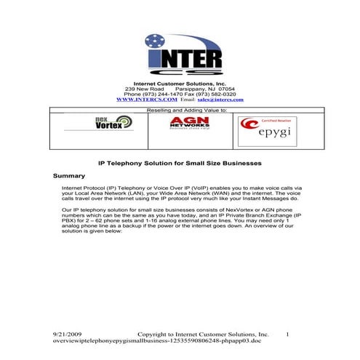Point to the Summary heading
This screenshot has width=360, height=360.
click(x=69, y=176)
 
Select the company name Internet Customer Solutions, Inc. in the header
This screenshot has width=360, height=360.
click(x=180, y=84)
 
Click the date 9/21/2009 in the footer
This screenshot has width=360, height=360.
click(x=69, y=334)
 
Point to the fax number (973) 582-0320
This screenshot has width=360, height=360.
click(x=216, y=94)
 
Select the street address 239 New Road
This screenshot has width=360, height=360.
click(x=145, y=89)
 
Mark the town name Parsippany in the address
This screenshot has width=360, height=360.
click(x=192, y=89)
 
